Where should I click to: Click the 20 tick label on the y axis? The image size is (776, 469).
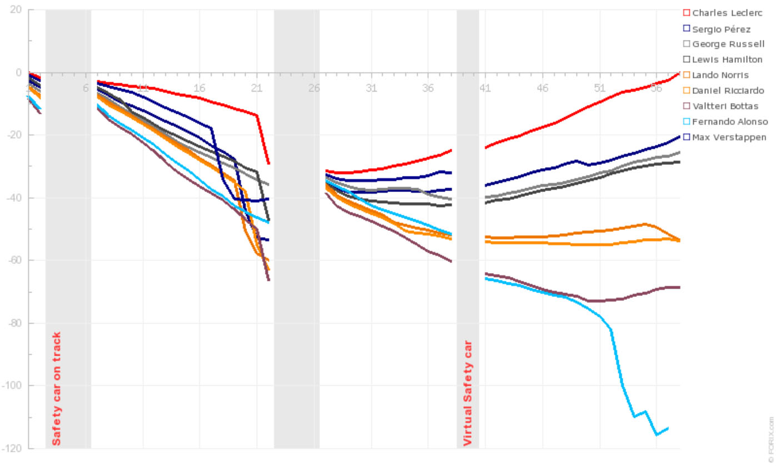tap(16, 9)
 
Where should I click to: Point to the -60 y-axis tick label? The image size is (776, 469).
tap(13, 260)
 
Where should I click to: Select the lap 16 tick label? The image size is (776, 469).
tap(199, 88)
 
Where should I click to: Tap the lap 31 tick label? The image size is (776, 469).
tap(371, 88)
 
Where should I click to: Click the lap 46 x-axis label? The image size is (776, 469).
tap(543, 88)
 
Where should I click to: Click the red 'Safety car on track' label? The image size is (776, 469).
tap(57, 389)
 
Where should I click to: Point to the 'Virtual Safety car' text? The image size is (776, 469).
tap(468, 393)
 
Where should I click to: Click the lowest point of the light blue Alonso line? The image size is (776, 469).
tap(657, 435)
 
